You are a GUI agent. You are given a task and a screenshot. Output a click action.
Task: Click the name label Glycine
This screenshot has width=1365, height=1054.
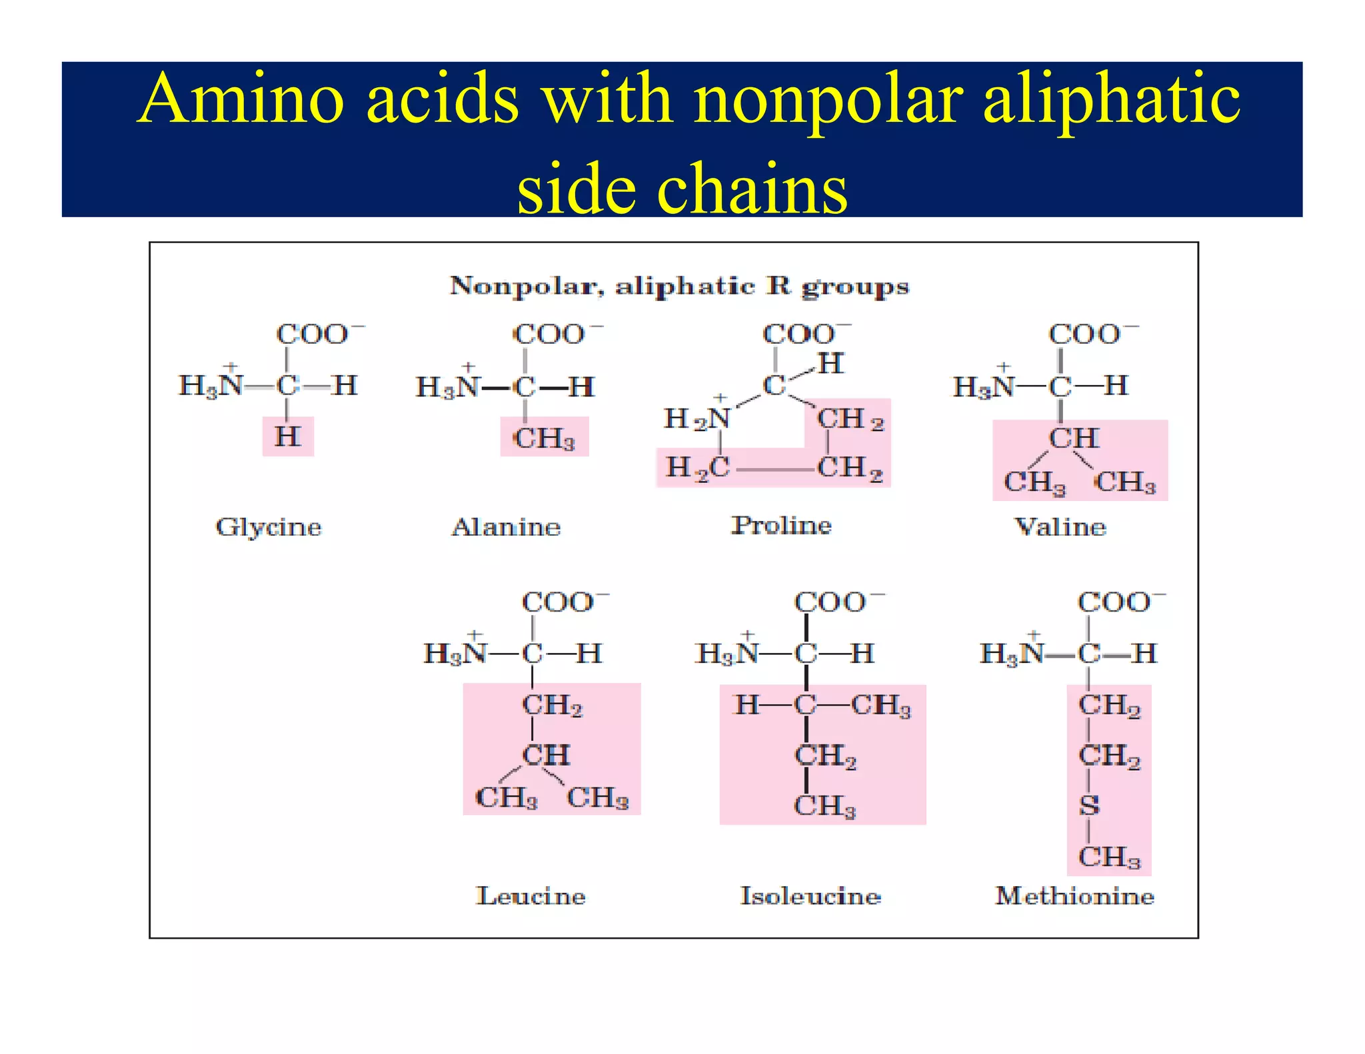point(269,527)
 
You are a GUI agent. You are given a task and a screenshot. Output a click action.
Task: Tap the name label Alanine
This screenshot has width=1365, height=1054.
point(507,527)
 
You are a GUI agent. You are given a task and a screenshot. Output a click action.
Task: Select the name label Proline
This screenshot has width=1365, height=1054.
point(782,525)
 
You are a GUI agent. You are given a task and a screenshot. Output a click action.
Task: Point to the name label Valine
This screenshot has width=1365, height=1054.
point(1060,527)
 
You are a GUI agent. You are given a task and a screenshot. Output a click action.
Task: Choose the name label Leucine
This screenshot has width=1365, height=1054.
point(531,895)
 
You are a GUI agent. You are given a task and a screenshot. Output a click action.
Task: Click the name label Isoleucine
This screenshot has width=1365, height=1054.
point(810,895)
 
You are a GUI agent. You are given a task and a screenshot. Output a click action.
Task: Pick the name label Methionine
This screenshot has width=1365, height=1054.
point(1074,895)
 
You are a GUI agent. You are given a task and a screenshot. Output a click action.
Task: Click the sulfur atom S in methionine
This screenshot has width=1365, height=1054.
point(1089,805)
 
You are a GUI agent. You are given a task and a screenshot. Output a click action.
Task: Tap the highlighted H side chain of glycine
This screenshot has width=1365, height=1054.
point(288,436)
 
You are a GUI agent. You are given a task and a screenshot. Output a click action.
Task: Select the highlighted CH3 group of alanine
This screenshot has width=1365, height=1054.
point(544,438)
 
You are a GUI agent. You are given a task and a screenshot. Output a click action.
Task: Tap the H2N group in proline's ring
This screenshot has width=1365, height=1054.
point(696,419)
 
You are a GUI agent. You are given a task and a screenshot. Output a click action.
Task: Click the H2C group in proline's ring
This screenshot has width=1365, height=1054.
point(697,468)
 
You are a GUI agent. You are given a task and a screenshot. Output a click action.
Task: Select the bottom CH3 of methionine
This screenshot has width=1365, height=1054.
point(1109,857)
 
